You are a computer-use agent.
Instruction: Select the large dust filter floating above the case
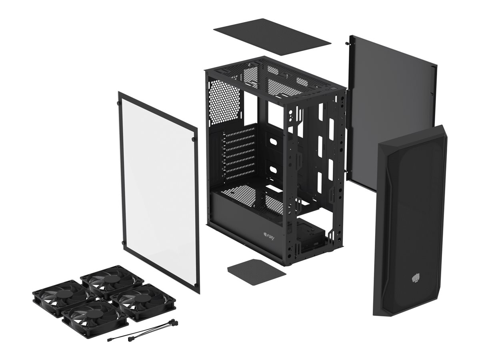point(272,36)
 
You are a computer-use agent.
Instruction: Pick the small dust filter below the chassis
point(256,272)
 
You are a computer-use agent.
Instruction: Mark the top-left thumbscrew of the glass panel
point(119,103)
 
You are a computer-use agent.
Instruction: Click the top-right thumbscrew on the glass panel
point(194,139)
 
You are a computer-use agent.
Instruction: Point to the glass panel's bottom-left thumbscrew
point(122,243)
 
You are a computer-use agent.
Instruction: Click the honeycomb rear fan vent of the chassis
point(224,102)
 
